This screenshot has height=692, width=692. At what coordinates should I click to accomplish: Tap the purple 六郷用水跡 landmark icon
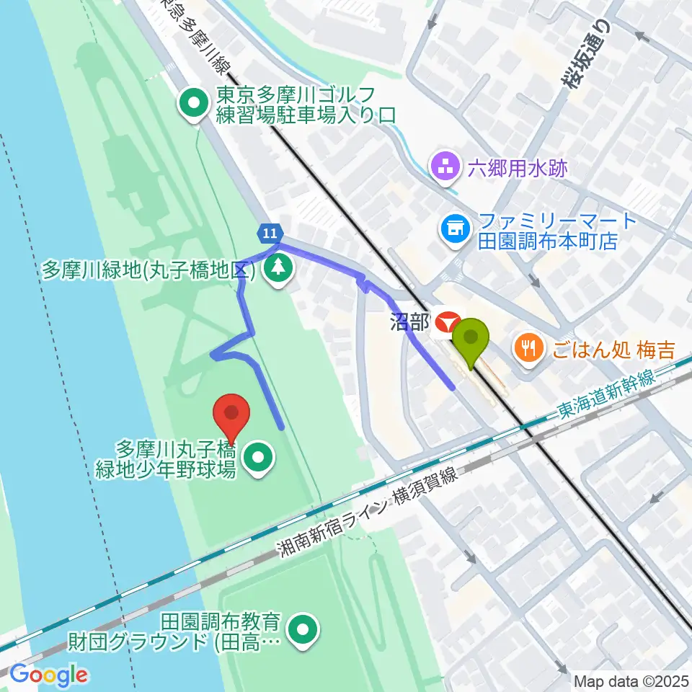click(445, 169)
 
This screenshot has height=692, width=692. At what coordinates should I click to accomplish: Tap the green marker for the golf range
click(194, 105)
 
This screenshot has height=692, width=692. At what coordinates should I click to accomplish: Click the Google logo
click(48, 675)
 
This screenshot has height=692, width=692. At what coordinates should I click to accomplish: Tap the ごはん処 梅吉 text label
click(614, 351)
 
